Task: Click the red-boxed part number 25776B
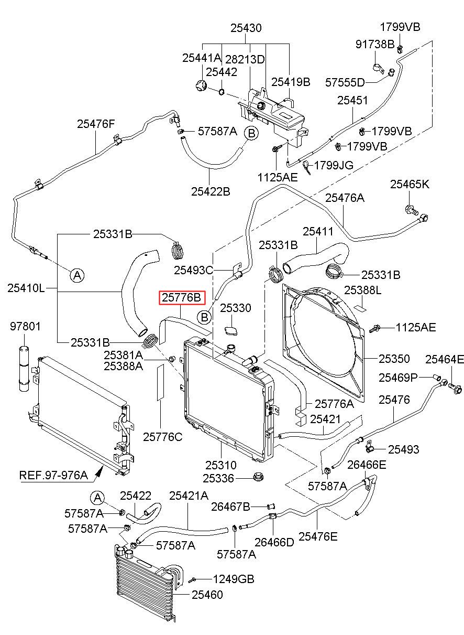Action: pyautogui.click(x=182, y=298)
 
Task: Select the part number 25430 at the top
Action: pyautogui.click(x=246, y=28)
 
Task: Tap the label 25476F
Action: pyautogui.click(x=96, y=124)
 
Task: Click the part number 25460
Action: pyautogui.click(x=207, y=595)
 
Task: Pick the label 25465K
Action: pyautogui.click(x=410, y=184)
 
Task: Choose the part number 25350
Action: pyautogui.click(x=394, y=359)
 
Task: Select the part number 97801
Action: pyautogui.click(x=25, y=327)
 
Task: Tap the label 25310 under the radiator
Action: pyautogui.click(x=221, y=465)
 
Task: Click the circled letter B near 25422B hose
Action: pyautogui.click(x=251, y=133)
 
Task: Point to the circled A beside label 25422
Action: pyautogui.click(x=97, y=498)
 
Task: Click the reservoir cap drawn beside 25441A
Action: pyautogui.click(x=201, y=85)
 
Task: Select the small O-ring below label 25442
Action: pyautogui.click(x=222, y=92)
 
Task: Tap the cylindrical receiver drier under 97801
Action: pyautogui.click(x=25, y=368)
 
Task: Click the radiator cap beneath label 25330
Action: pyautogui.click(x=231, y=331)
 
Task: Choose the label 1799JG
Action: pyautogui.click(x=334, y=165)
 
